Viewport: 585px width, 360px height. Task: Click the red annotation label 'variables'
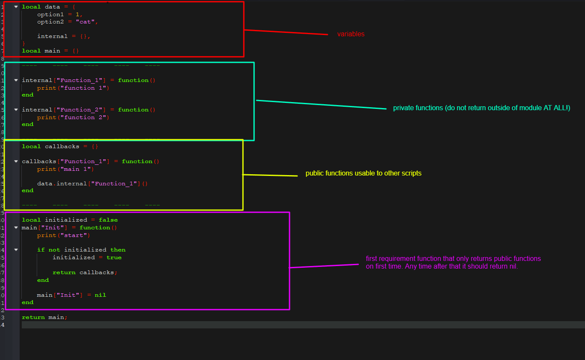[x=351, y=34]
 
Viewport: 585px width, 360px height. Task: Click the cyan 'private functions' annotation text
[x=482, y=108]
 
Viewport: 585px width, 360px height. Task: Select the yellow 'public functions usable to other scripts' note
[x=363, y=173]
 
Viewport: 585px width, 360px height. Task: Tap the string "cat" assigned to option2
[x=85, y=22]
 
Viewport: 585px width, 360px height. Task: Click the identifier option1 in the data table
[x=50, y=15]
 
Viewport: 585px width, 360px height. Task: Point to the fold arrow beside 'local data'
[x=16, y=7]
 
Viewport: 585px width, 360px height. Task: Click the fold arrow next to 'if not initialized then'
[x=16, y=250]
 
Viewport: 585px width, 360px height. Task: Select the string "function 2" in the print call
[x=83, y=117]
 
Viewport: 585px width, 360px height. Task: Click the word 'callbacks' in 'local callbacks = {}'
[x=62, y=146]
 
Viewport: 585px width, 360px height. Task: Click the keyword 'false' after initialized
[x=108, y=220]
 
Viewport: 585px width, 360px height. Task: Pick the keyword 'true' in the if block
[x=114, y=258]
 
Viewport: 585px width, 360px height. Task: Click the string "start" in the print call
[x=73, y=235]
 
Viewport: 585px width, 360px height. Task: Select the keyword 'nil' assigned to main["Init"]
[x=100, y=295]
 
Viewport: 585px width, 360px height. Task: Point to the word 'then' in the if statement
[x=118, y=250]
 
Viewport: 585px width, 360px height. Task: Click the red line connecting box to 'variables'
[x=286, y=32]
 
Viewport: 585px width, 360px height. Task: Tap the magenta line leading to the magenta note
[x=324, y=266]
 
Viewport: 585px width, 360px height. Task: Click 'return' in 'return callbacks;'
[x=64, y=272]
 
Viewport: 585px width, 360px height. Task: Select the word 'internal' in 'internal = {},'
[x=52, y=36]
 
